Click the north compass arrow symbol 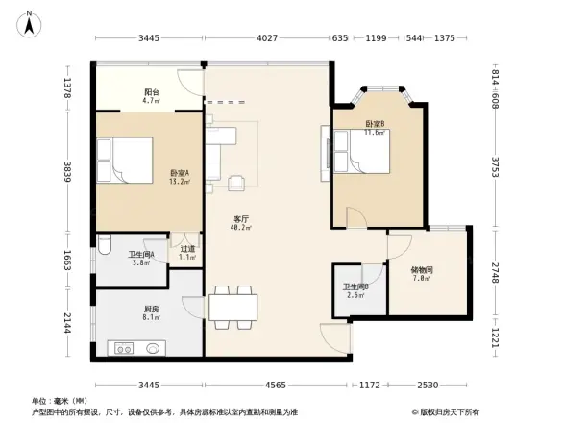[30, 22]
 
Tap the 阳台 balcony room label [152, 94]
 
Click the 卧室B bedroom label [375, 125]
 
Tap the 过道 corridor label [188, 253]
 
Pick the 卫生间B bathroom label [355, 289]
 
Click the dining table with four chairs [233, 305]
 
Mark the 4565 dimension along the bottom [276, 386]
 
